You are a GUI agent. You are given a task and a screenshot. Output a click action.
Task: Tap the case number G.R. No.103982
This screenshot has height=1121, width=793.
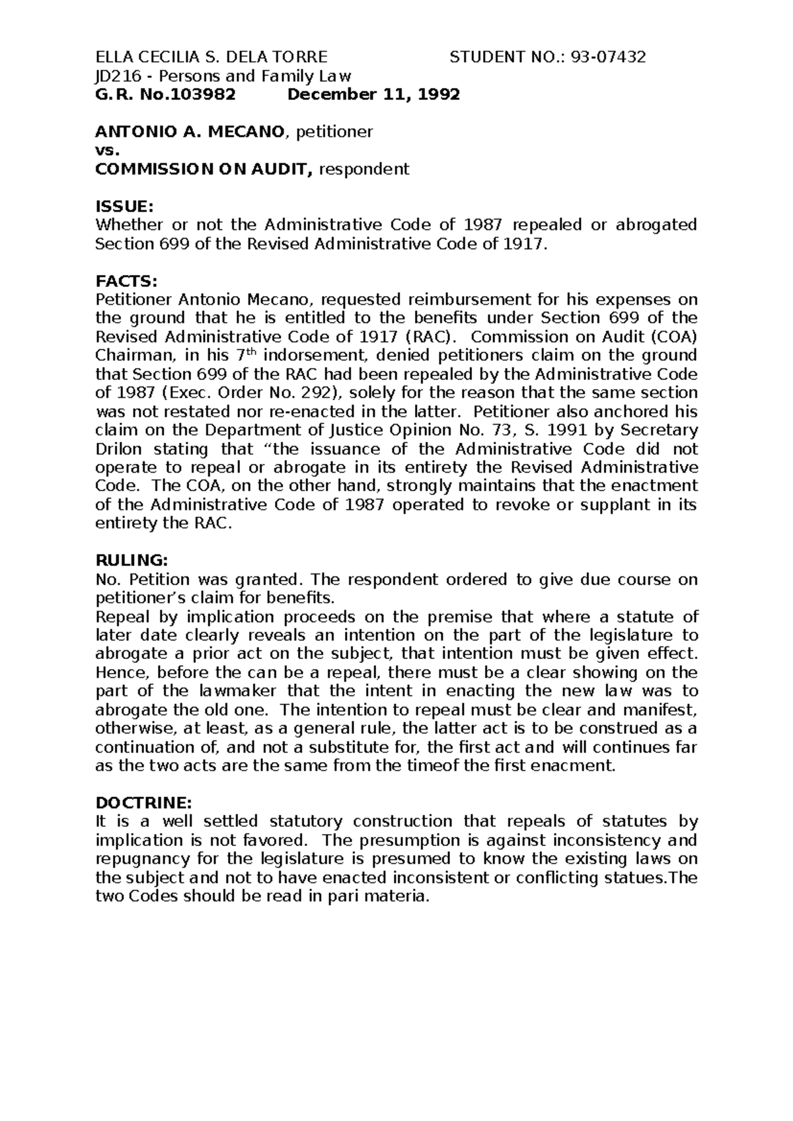tap(165, 95)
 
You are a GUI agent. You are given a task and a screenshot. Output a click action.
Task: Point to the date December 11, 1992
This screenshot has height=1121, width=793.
tap(373, 95)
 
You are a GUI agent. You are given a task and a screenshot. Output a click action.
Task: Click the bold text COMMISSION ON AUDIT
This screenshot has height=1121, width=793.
tap(204, 169)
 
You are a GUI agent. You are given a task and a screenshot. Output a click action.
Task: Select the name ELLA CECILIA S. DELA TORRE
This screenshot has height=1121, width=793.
tap(211, 58)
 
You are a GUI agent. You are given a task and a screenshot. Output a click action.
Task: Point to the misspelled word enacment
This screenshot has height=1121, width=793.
tap(580, 766)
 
